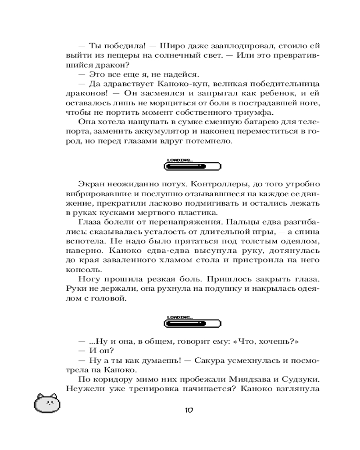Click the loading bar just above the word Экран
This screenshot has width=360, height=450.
tap(193, 166)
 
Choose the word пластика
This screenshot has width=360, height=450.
tap(198, 213)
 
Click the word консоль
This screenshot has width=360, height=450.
tap(80, 270)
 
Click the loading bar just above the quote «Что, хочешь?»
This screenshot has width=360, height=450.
tap(193, 323)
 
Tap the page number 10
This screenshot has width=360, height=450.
tap(189, 410)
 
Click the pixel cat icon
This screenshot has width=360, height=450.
tap(47, 403)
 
